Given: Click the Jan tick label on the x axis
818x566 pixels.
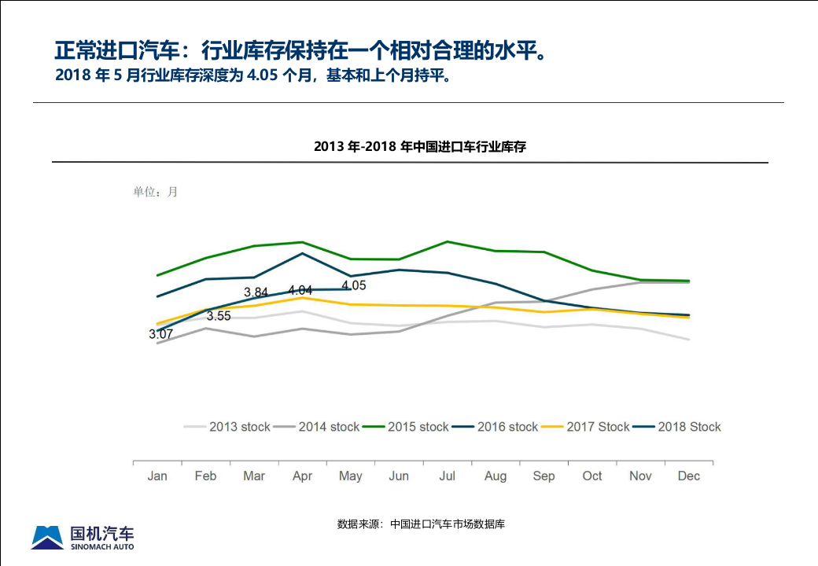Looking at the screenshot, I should tap(157, 476).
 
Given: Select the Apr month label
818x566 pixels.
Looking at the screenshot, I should tap(302, 476).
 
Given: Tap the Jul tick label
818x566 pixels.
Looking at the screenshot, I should tap(447, 476).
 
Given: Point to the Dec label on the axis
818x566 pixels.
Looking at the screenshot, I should tap(689, 476).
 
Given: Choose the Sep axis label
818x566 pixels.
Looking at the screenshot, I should tap(543, 476).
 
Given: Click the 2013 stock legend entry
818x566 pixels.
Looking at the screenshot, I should tap(228, 427).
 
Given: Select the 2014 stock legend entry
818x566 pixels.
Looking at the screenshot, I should tap(318, 427).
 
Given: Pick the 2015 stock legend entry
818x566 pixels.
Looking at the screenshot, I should tap(407, 427).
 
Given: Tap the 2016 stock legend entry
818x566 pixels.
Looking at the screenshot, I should tap(496, 427).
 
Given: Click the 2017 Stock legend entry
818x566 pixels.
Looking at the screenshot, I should tap(587, 427).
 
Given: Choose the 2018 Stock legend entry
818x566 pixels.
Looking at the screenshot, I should tap(678, 427).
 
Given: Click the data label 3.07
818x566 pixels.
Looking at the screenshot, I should tap(160, 334).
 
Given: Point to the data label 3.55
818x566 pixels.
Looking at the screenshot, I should tap(219, 316).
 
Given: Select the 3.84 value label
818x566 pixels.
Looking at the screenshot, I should tap(256, 292).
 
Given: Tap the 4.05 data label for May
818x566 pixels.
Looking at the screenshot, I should tap(354, 285).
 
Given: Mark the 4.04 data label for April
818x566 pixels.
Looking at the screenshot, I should tap(300, 290).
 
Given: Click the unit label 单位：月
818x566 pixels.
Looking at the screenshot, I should tap(155, 192).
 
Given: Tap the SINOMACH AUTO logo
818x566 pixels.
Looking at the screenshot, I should tap(83, 537).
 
